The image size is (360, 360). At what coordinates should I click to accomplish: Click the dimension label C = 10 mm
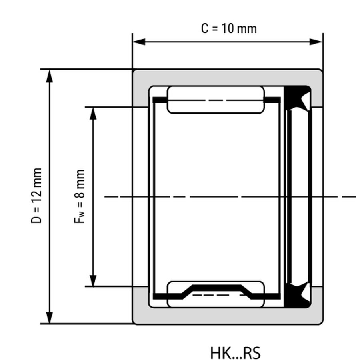tap(229, 29)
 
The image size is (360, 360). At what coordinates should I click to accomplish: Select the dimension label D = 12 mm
tap(36, 195)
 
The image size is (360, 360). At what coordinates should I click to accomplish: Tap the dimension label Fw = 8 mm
tap(80, 196)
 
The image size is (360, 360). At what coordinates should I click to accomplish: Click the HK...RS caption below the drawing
tap(235, 353)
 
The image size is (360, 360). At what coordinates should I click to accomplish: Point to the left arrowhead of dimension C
tap(139, 42)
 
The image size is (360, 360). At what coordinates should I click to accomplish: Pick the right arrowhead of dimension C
tap(316, 42)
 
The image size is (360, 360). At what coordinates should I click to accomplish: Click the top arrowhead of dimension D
tap(49, 76)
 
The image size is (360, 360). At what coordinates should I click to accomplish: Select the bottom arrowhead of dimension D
tap(49, 317)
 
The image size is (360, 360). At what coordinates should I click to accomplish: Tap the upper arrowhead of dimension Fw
tap(93, 114)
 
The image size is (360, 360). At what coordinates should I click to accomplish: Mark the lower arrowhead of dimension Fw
tap(93, 280)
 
